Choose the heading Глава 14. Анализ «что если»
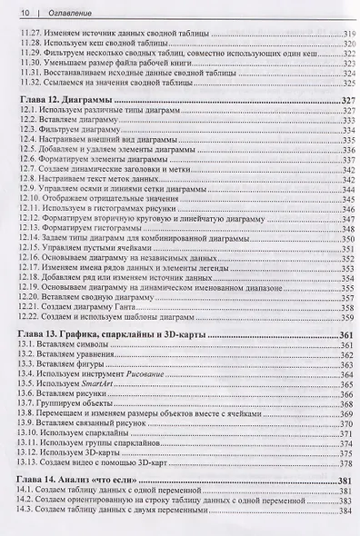(89, 480)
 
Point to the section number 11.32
(30, 81)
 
